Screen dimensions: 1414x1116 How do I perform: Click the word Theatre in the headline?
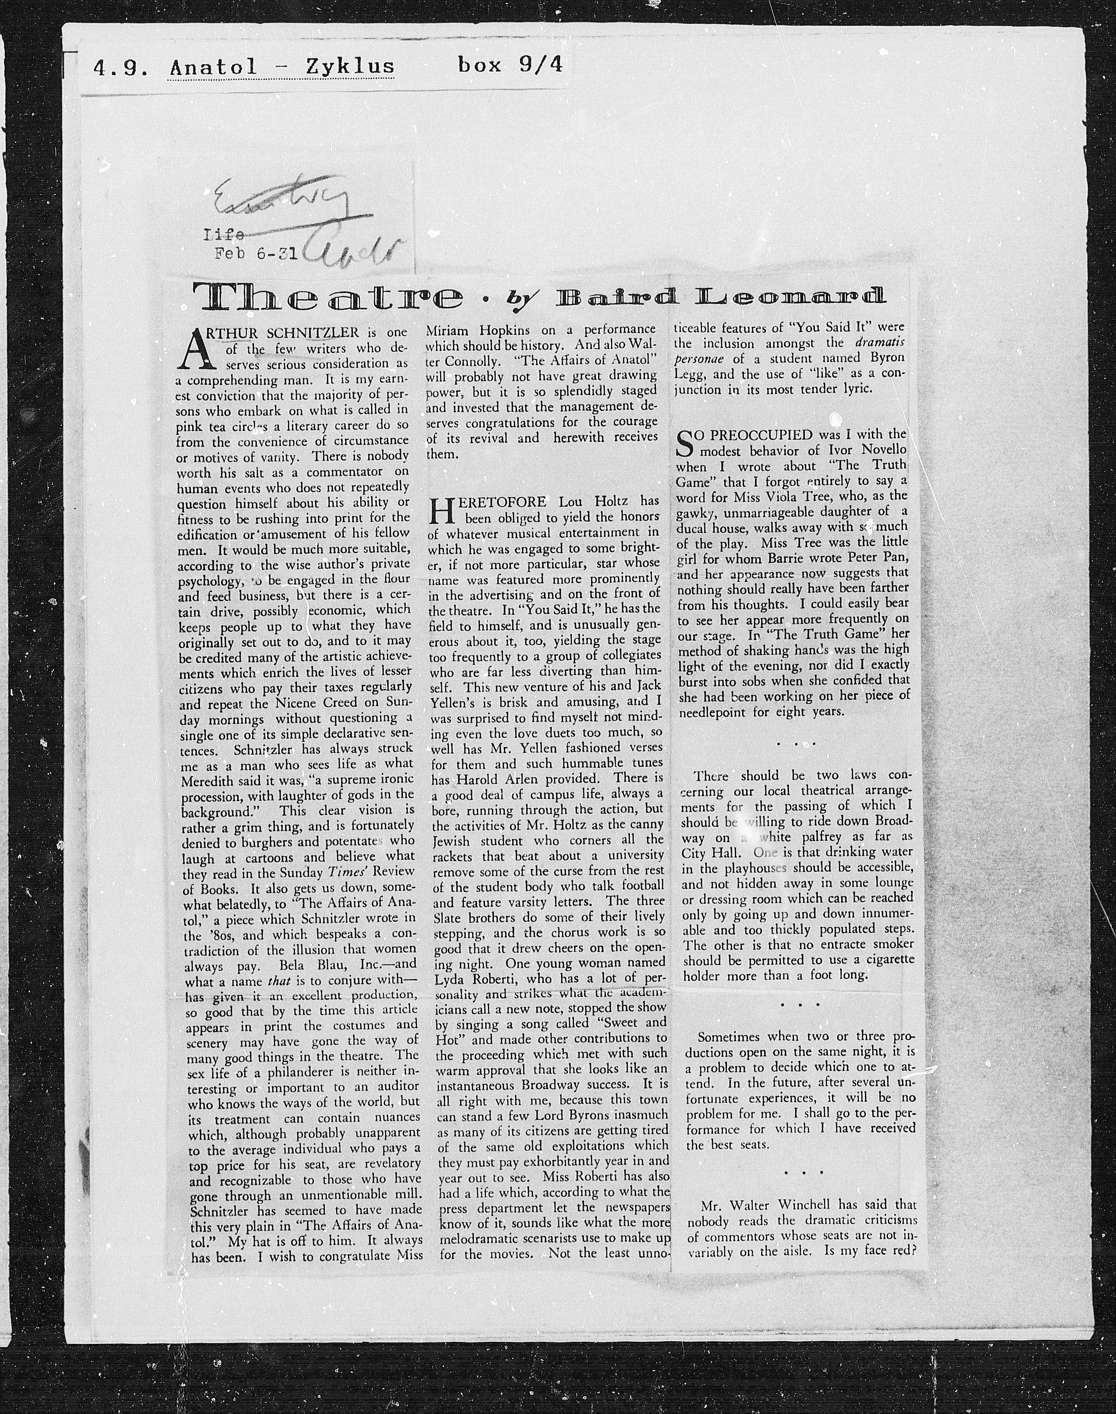pyautogui.click(x=327, y=298)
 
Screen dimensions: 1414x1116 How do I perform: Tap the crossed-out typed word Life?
pyautogui.click(x=224, y=235)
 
